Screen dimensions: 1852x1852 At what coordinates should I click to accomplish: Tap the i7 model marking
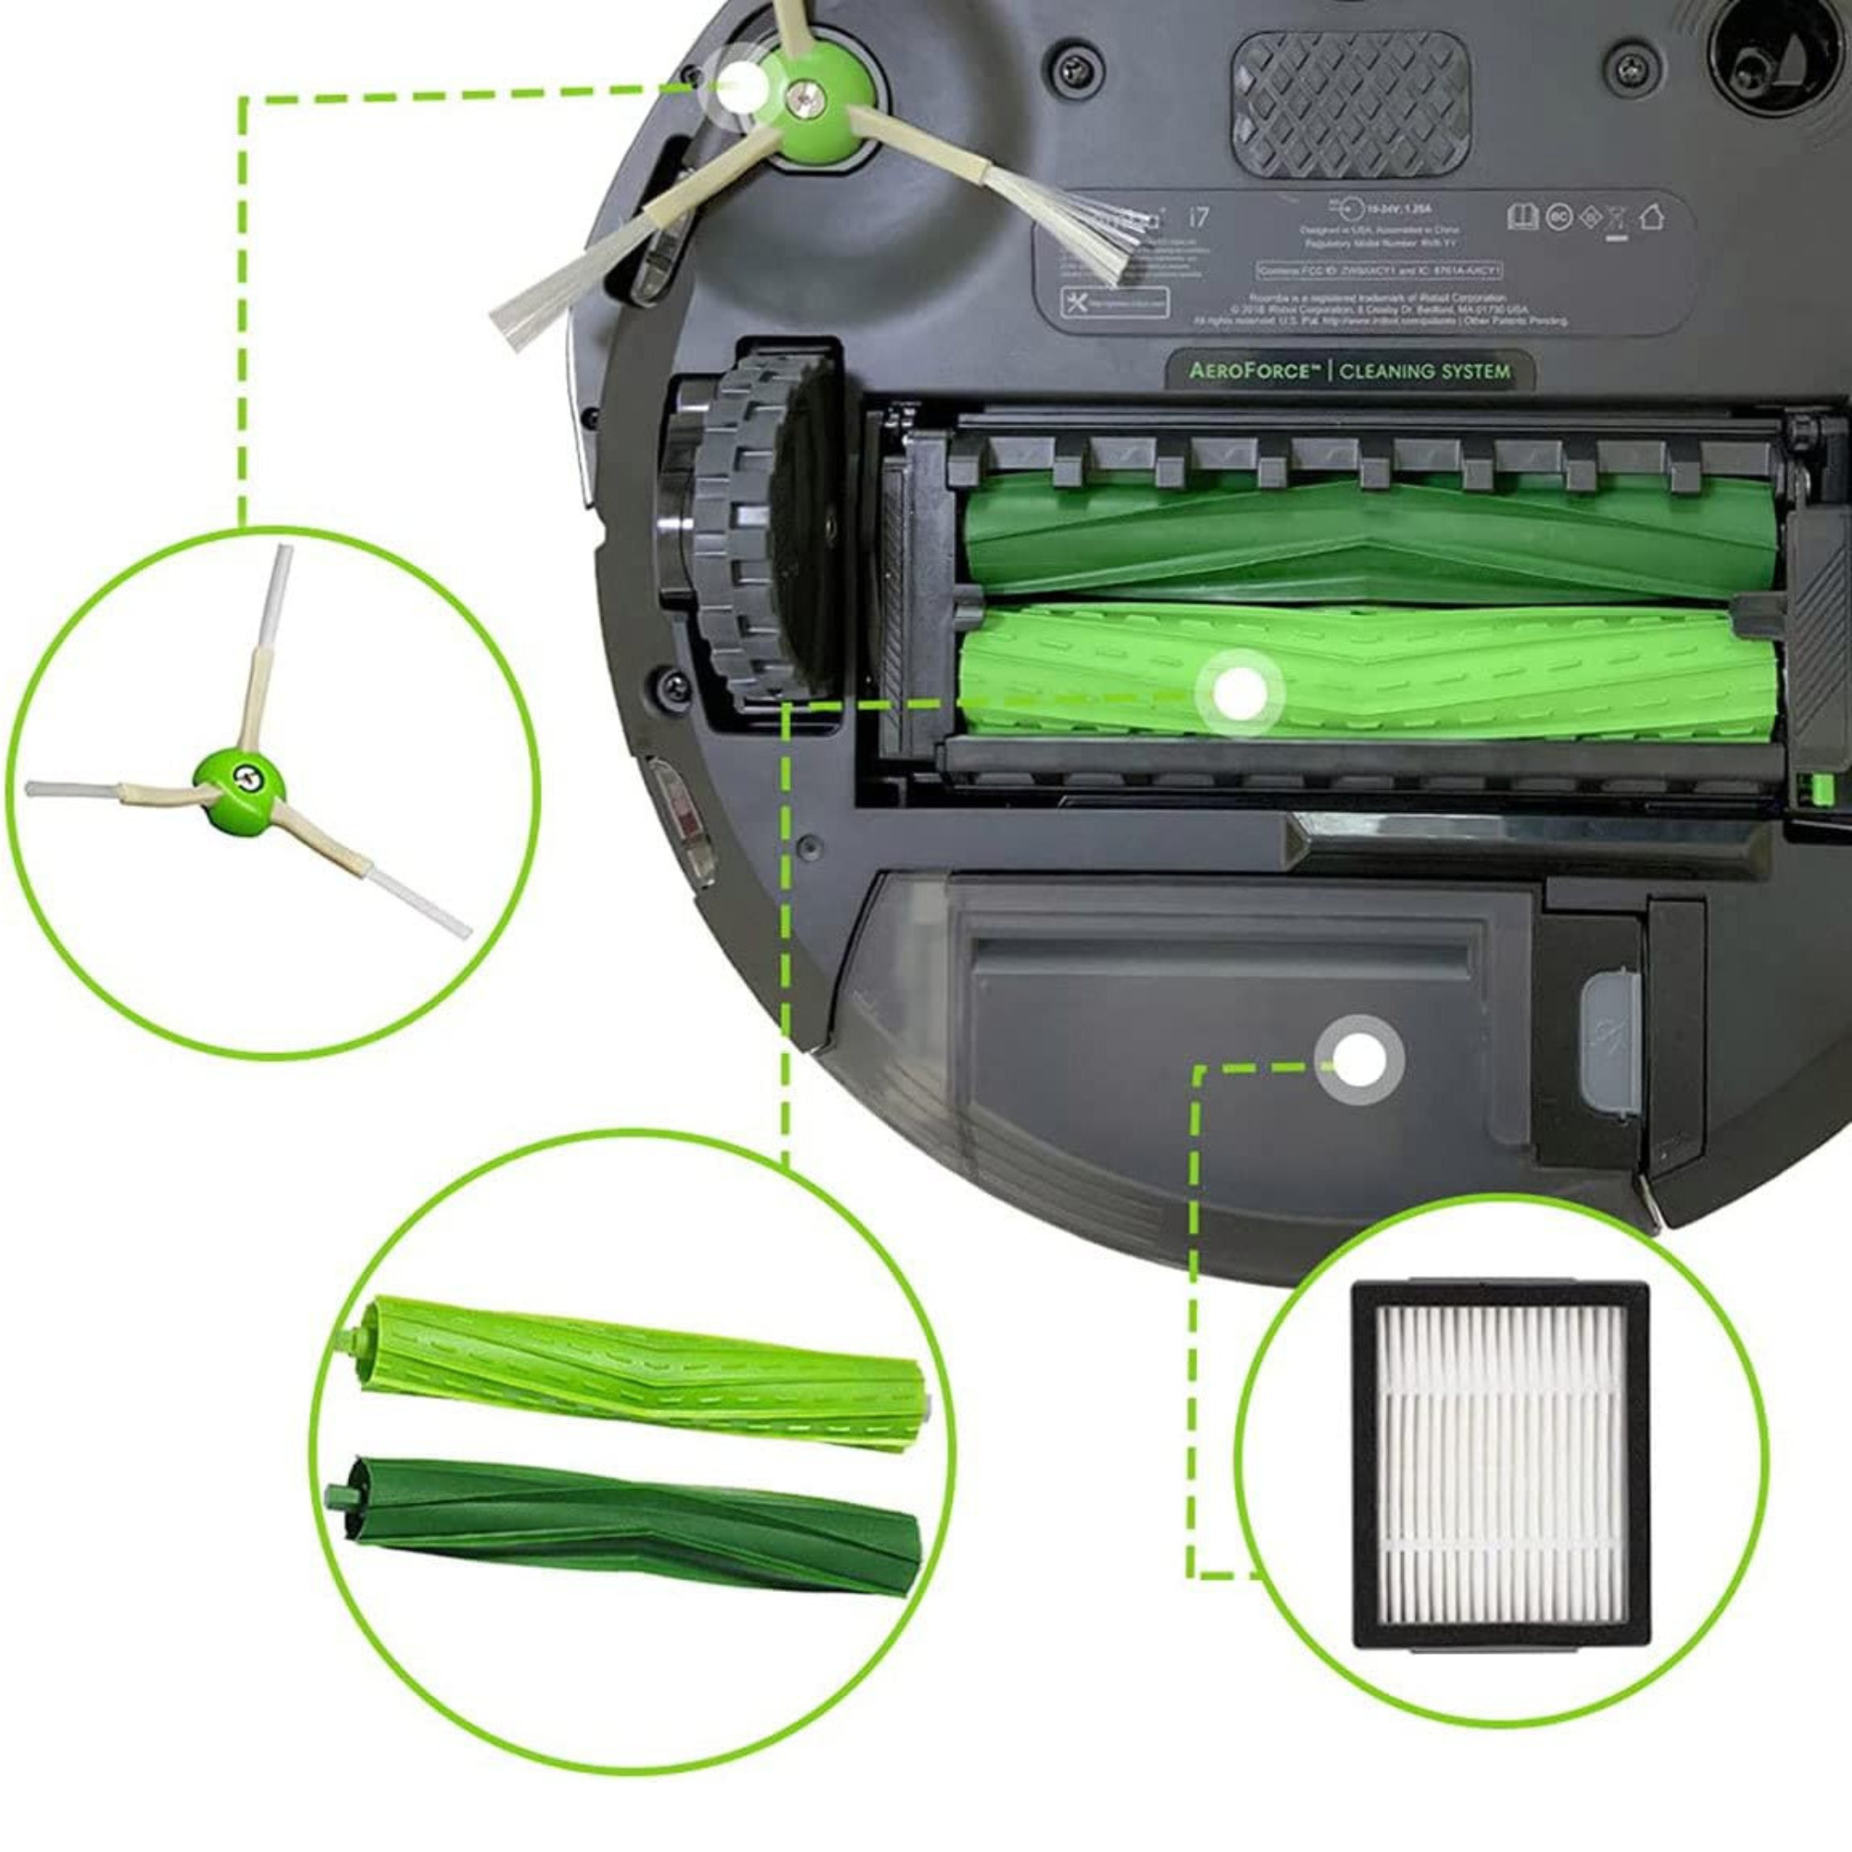[x=1198, y=218]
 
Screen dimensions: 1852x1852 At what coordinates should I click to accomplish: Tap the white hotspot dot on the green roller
[x=1240, y=692]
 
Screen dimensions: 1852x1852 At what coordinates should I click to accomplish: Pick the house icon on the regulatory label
[x=1650, y=218]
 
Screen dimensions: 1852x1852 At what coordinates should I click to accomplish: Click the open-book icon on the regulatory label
[x=1522, y=218]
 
